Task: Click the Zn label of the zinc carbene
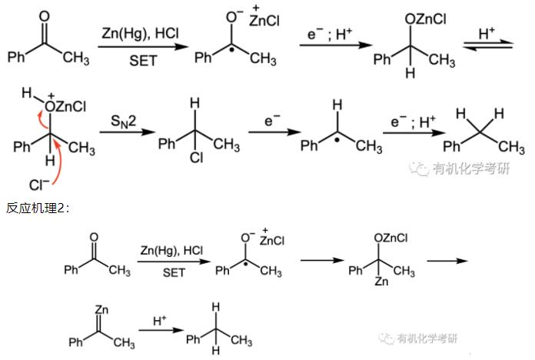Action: coord(101,310)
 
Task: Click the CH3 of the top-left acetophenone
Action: coord(75,58)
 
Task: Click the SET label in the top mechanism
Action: coord(140,58)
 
